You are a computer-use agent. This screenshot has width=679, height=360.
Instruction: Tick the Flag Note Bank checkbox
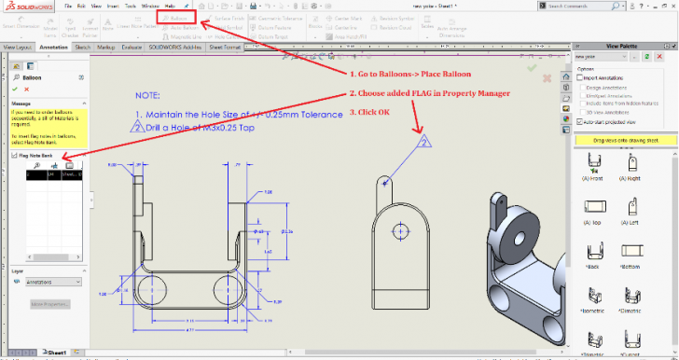(x=14, y=156)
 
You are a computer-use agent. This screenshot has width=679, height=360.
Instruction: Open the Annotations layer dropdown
(x=50, y=281)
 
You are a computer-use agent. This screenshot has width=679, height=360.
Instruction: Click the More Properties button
(x=50, y=304)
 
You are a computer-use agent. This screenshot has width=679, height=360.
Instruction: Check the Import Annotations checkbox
(x=580, y=77)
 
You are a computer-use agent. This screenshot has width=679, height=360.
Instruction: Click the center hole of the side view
(x=400, y=229)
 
